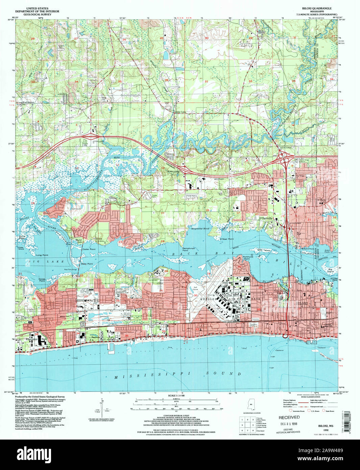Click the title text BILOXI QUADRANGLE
click(314, 8)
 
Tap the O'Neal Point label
click(226, 239)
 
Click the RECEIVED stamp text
click(289, 418)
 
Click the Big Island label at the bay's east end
click(331, 270)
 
